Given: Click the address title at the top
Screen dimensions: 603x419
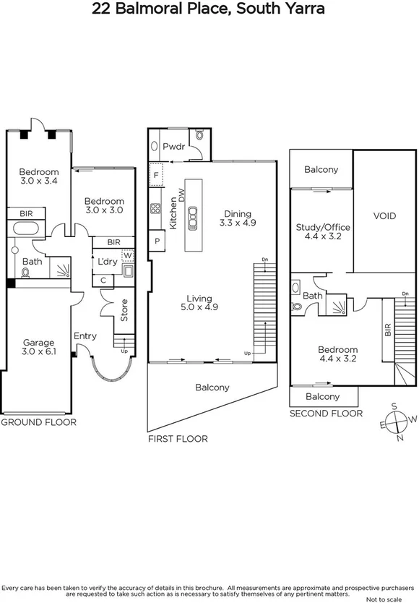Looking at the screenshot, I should coord(209,9).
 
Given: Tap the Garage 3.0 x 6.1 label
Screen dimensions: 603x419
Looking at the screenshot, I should coord(38,348).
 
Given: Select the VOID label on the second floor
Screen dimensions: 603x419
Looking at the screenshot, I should coord(384,215).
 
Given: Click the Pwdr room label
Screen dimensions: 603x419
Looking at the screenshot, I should coord(173,146).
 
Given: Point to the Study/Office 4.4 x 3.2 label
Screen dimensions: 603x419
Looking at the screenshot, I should coord(323,232).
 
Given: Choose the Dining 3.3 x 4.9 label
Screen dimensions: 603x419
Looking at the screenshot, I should coord(238,218).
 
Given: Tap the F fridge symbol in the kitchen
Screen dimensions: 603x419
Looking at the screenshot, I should coord(156,176).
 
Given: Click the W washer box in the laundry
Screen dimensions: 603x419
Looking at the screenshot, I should coord(127,255).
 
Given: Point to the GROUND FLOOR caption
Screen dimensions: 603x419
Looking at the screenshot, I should coord(38,422).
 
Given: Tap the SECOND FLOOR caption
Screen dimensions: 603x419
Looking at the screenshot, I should coord(326,414).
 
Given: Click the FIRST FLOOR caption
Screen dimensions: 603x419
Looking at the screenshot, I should coord(177,439).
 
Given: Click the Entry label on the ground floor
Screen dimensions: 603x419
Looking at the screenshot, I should coord(85,336).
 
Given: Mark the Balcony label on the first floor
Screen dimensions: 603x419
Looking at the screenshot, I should coord(212,388).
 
